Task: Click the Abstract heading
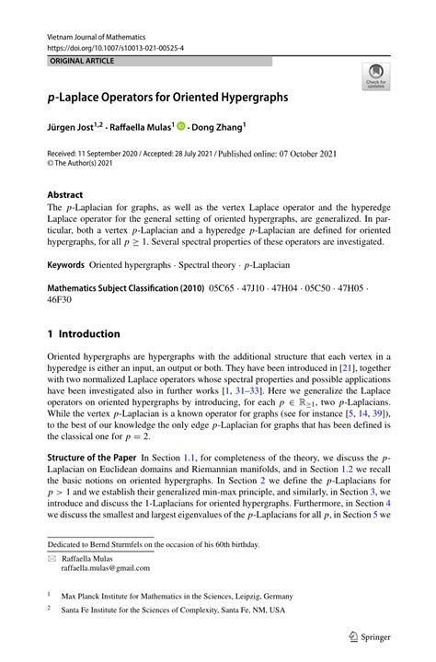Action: click(65, 195)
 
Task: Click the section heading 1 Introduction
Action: click(84, 333)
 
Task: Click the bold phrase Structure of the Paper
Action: click(92, 458)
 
